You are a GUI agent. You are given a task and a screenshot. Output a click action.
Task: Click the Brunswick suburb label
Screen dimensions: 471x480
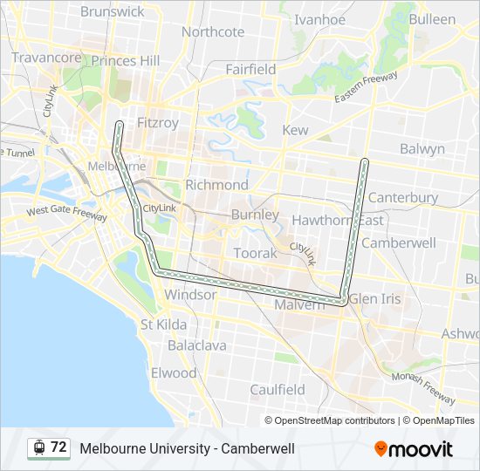[112, 11]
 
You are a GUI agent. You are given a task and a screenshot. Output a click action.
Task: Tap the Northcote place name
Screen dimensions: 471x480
[213, 32]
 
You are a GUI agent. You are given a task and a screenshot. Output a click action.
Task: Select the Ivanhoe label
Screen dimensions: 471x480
[319, 19]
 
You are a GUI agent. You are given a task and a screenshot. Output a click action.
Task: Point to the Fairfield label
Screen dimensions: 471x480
[250, 69]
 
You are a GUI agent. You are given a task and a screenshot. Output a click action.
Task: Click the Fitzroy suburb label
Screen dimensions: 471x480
[158, 123]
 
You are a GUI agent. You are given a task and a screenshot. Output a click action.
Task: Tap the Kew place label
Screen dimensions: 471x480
[295, 130]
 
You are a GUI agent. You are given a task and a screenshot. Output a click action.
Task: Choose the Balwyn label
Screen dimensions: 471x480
[422, 149]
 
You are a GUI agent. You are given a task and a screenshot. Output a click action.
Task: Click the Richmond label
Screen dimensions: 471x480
[216, 185]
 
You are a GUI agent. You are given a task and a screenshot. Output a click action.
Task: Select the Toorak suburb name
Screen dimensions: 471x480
[255, 253]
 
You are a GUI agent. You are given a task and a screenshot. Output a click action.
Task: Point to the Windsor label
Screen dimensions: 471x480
[190, 295]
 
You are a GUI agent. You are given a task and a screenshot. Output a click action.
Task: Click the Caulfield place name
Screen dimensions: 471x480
[277, 389]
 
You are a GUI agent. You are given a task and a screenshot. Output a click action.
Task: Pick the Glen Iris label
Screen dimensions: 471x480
[375, 298]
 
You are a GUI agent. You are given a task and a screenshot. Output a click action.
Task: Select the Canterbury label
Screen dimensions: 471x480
[403, 197]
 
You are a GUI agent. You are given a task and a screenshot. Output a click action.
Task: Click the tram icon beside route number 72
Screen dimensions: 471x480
[39, 447]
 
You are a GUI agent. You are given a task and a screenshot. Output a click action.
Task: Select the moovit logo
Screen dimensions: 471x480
[414, 448]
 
